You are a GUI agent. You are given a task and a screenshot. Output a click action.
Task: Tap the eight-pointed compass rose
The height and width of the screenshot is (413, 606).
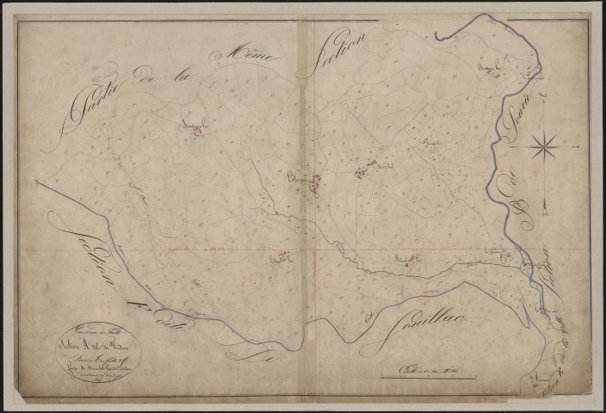(x=544, y=148)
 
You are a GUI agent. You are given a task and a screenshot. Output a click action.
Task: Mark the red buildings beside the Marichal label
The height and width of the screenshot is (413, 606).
(x=362, y=173)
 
